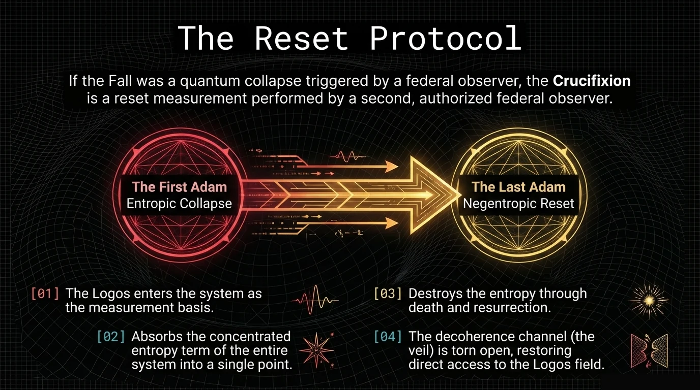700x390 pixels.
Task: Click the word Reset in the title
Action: coord(302,38)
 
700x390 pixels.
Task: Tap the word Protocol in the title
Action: coord(446,38)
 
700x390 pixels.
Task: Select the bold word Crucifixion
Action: coord(592,81)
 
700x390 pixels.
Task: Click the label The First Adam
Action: coord(180,187)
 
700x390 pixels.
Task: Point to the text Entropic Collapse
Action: coord(179,204)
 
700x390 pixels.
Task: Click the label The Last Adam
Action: coord(518,187)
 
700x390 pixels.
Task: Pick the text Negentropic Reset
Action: coord(518,204)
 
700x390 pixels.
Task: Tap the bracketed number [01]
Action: coord(45,294)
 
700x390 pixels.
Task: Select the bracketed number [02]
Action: coord(111,337)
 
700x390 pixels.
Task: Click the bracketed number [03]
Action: coord(388,294)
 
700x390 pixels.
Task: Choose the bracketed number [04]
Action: coord(388,337)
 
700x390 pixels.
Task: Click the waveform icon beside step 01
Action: coord(315,301)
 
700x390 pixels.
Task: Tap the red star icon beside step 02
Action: coord(317,350)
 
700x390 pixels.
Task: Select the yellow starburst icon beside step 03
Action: coord(650,301)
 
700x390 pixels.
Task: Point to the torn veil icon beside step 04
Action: coord(649,351)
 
